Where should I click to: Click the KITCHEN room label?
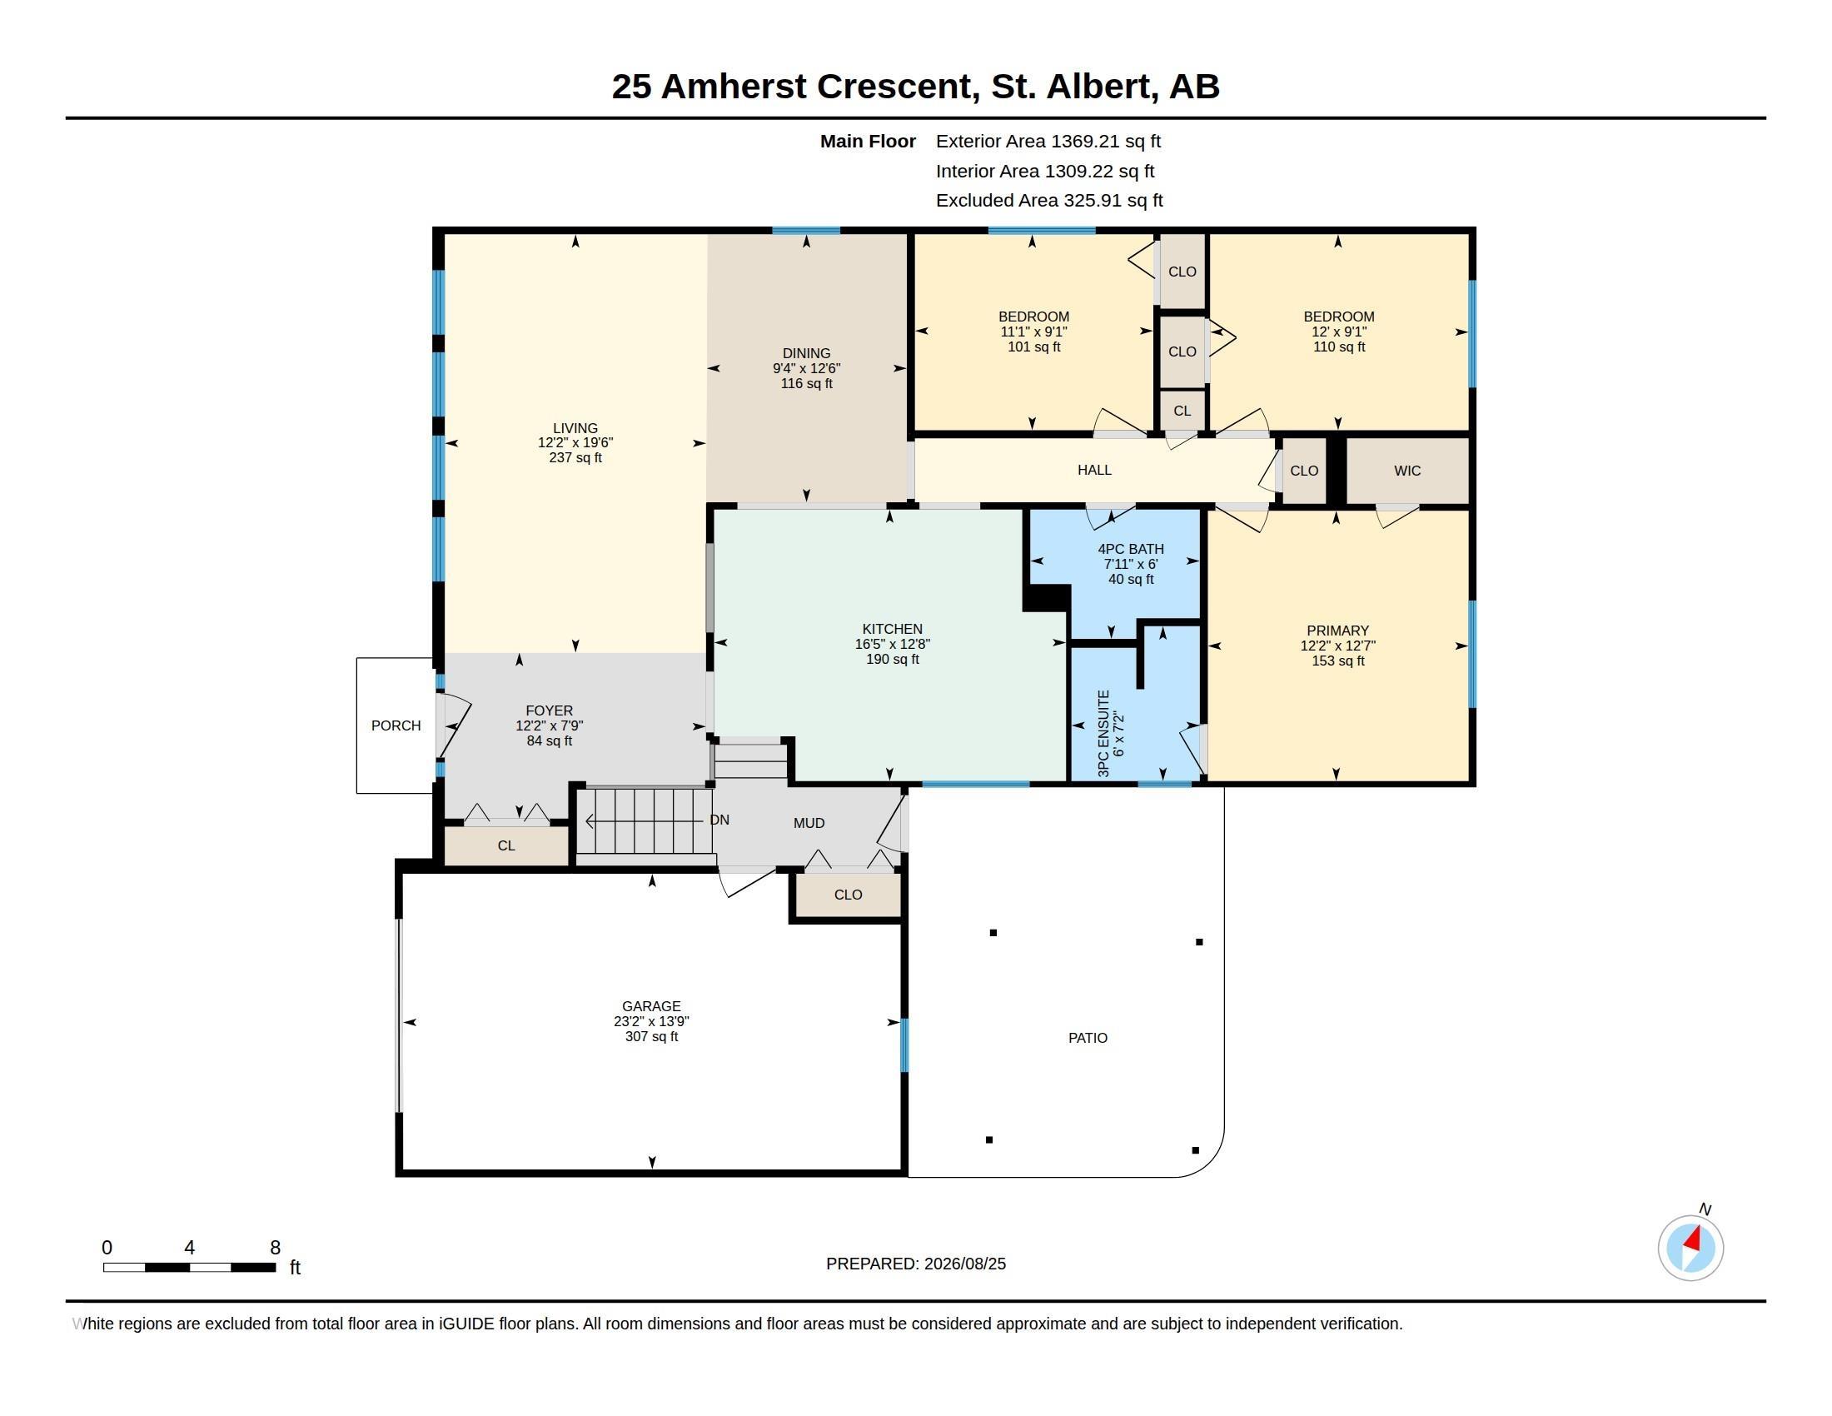tap(893, 629)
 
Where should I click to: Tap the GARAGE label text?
tap(651, 1006)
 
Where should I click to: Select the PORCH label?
tap(396, 725)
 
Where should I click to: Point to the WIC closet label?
tap(1407, 471)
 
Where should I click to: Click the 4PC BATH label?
tap(1131, 550)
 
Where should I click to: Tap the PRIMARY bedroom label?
tap(1338, 631)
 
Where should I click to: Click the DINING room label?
tap(806, 353)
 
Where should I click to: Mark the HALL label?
tap(1095, 470)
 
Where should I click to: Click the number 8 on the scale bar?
tap(275, 1248)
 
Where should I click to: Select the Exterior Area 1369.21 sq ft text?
tap(1048, 142)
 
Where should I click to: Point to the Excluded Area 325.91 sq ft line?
tap(1049, 201)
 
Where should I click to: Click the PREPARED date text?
tap(916, 1264)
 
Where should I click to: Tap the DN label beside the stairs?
tap(719, 820)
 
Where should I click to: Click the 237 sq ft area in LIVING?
tap(575, 458)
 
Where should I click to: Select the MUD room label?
tap(809, 823)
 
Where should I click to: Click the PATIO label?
tap(1088, 1038)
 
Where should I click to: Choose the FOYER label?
tap(550, 710)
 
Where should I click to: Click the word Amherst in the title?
tap(734, 87)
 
